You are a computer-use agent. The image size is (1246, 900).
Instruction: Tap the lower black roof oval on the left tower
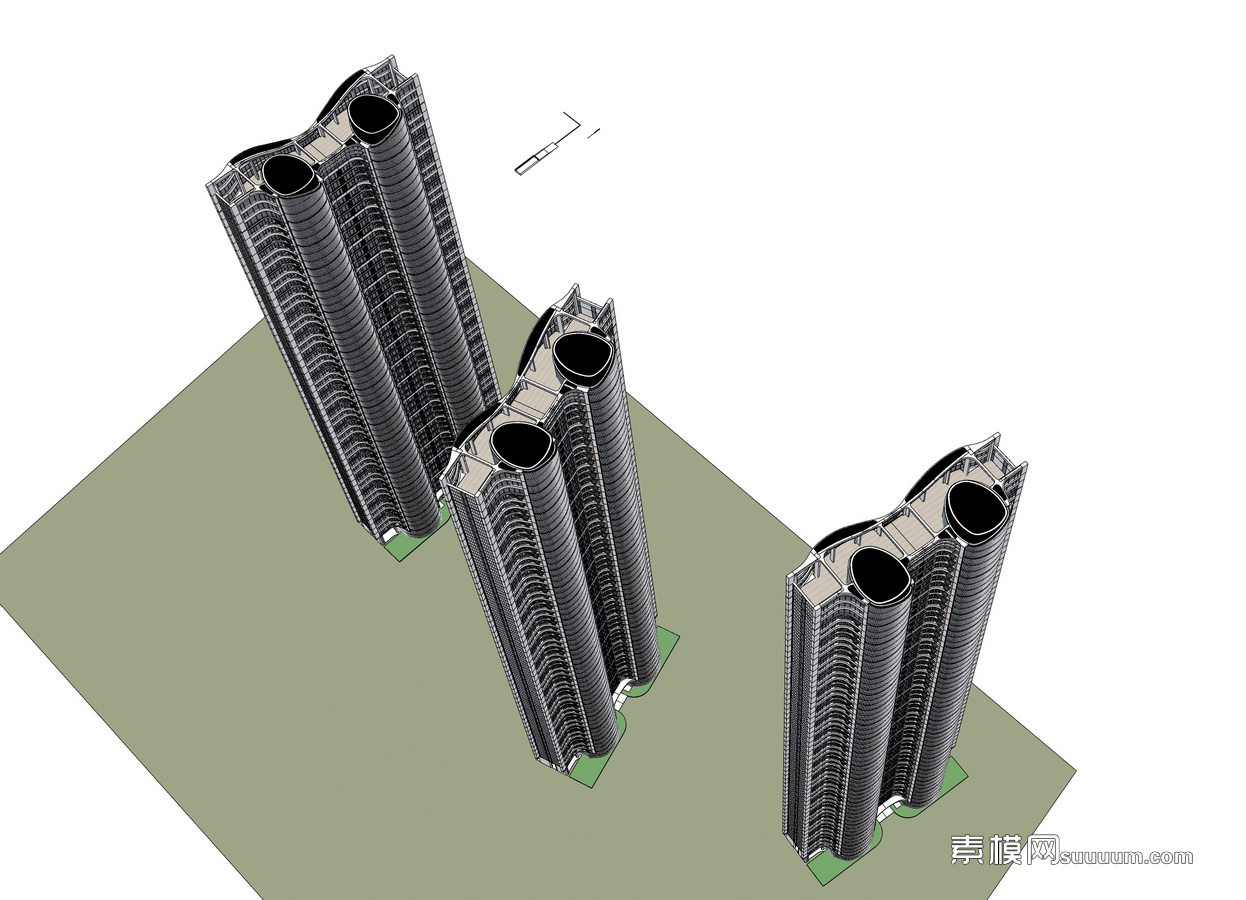click(x=288, y=175)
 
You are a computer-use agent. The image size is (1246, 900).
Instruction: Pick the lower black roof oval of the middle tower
click(x=521, y=443)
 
